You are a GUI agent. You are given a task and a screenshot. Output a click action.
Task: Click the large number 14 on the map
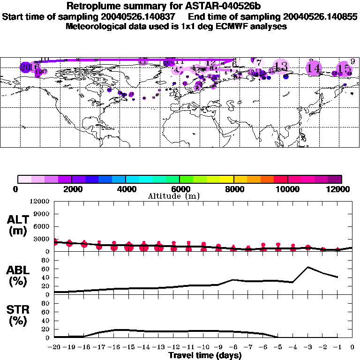point(314,68)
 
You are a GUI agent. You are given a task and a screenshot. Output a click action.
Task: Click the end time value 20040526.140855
point(316,17)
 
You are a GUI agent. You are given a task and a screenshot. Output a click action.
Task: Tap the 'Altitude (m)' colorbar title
point(174,196)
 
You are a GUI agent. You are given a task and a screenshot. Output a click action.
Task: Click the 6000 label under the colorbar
point(179,189)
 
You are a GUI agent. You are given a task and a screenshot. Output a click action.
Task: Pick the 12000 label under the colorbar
point(341,189)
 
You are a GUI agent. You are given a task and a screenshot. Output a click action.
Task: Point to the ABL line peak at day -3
point(308,267)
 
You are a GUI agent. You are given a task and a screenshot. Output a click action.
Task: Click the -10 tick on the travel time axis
point(203,347)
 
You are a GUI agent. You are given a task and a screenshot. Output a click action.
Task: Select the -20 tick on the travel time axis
point(54,347)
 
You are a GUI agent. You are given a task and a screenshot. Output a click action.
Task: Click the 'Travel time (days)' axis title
point(204,356)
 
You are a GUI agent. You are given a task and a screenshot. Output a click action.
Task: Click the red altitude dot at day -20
point(55,242)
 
